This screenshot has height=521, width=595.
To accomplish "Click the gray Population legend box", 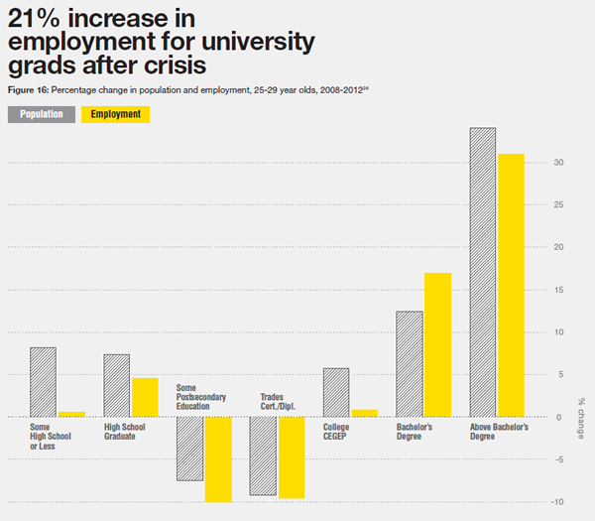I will click(41, 114).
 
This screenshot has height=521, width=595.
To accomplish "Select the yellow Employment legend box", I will click(115, 114).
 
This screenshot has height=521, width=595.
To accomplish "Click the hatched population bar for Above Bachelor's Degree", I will click(483, 272).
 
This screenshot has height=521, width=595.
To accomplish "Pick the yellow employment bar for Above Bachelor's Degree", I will click(511, 285).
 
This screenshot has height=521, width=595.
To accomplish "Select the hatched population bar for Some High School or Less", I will click(43, 382).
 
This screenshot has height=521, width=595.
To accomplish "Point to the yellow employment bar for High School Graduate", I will click(145, 397).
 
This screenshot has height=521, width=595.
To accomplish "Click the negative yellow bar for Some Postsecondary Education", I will click(218, 458).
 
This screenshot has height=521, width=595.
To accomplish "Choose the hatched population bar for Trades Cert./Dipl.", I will click(263, 456).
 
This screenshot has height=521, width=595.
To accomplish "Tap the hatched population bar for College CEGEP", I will click(336, 392).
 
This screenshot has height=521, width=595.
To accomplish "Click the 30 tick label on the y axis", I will click(559, 163).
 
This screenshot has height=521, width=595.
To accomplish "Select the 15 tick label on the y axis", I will click(559, 290).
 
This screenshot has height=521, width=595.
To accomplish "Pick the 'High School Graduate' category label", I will click(125, 432).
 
